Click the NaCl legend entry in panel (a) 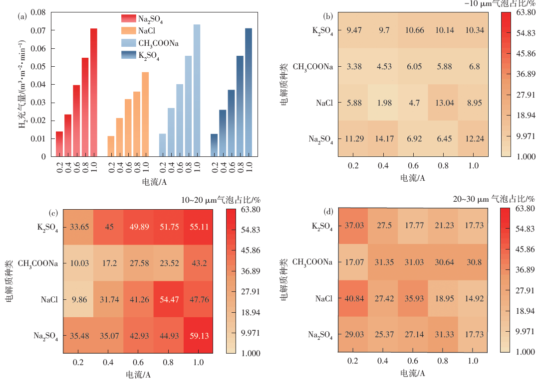[145, 31]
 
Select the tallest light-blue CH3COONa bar [197, 90]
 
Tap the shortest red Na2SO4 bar [59, 144]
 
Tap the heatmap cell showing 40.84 [356, 299]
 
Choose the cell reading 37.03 [356, 225]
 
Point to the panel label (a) [22, 16]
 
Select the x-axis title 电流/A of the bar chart [154, 182]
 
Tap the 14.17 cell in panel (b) [383, 139]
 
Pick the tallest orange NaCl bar [145, 114]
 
